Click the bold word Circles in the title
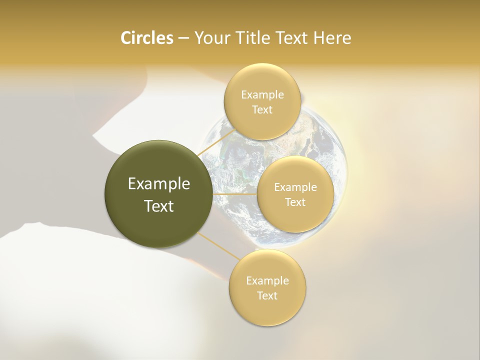click(x=147, y=38)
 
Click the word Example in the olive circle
click(x=159, y=184)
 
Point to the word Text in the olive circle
click(x=159, y=206)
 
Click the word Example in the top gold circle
click(x=262, y=95)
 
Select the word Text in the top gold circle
click(x=262, y=110)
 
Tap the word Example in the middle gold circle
click(x=295, y=187)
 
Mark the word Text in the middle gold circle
click(x=295, y=202)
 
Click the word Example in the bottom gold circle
click(x=267, y=281)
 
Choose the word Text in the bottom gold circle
click(x=267, y=296)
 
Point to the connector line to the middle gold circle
click(x=235, y=193)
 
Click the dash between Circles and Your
click(x=183, y=38)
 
